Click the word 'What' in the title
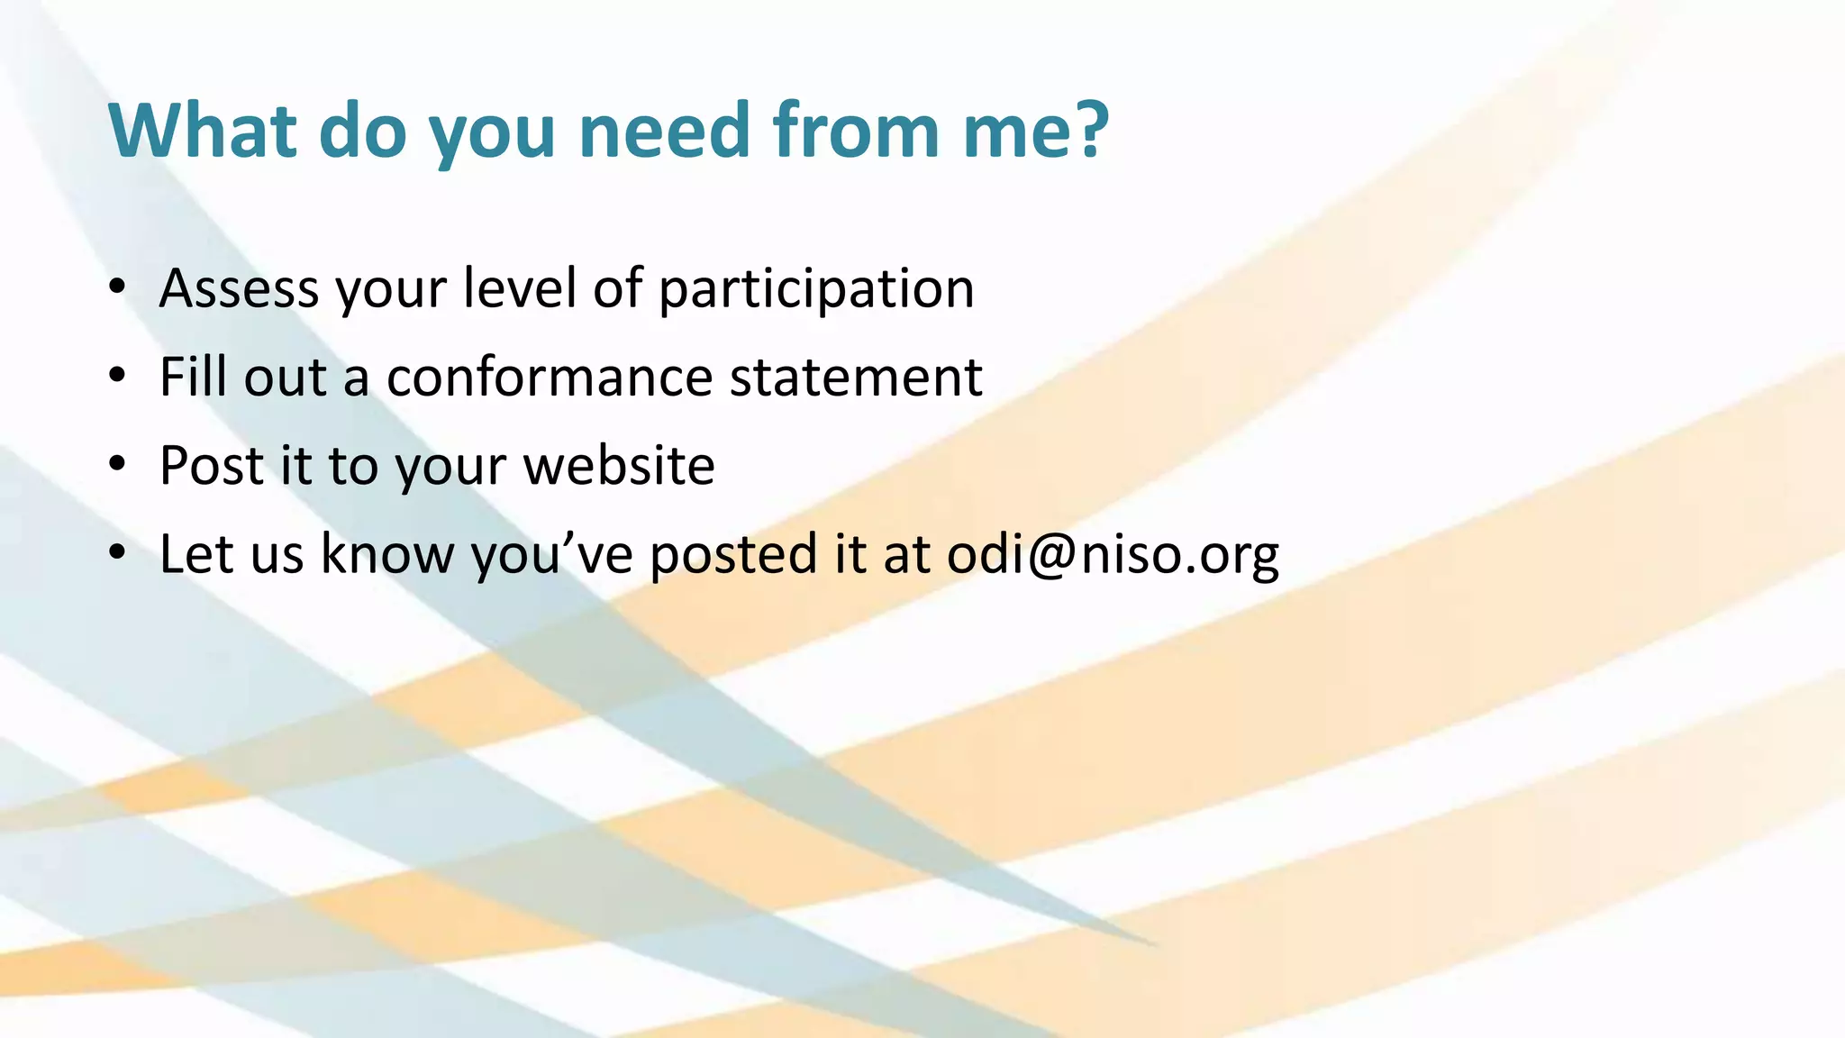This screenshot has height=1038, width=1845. click(202, 131)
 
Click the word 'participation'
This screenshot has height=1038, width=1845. click(816, 290)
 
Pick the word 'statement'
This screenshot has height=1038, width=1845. click(855, 377)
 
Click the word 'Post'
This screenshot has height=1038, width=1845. click(212, 465)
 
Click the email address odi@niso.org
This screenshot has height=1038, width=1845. click(1113, 554)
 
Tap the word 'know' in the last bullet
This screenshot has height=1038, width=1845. click(387, 553)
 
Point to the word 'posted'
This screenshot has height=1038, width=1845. click(732, 554)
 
